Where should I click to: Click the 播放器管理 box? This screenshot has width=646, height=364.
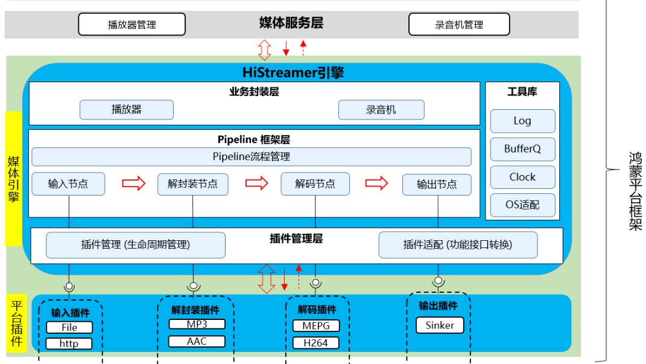[131, 25]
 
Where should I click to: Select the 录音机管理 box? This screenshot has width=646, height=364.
[459, 25]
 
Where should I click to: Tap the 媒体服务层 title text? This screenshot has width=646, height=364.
[291, 23]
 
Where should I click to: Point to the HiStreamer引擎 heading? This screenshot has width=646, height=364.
[293, 73]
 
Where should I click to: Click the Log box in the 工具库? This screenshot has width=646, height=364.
[522, 121]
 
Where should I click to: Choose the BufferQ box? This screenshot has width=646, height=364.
[522, 148]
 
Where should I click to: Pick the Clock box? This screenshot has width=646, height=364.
[522, 177]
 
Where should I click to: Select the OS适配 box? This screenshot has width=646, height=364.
[522, 205]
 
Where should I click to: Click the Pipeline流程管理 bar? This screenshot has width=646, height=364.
[251, 157]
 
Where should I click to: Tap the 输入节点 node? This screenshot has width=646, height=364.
[68, 184]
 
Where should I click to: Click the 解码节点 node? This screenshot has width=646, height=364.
[315, 184]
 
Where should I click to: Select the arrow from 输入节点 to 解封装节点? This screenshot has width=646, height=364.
[134, 183]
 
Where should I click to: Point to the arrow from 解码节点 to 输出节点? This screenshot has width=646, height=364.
[377, 183]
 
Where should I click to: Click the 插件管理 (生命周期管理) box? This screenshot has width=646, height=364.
[136, 245]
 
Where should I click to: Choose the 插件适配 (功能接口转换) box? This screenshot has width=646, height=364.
[457, 245]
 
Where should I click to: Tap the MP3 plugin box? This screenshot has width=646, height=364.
[197, 324]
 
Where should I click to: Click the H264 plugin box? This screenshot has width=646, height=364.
[315, 343]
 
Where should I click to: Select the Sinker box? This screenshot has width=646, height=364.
[440, 325]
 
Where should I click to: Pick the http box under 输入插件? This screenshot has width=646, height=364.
[69, 343]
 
